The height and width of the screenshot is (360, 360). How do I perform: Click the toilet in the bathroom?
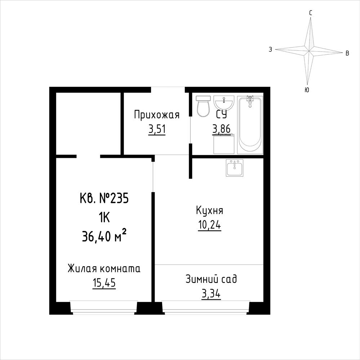click(203, 106)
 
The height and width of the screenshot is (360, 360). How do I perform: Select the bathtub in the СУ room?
click(250, 125)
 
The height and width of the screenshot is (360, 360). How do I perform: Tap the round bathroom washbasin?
click(224, 103)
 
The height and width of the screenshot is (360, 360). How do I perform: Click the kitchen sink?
click(234, 168)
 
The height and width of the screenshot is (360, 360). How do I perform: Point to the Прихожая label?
click(157, 115)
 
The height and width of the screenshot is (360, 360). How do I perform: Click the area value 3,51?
click(157, 129)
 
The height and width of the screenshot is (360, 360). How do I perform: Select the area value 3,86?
click(221, 129)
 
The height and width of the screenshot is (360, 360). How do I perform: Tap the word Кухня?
click(209, 210)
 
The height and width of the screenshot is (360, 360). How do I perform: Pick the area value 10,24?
click(209, 226)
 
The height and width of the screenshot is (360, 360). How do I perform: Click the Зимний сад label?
click(211, 279)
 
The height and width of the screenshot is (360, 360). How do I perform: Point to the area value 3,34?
click(211, 294)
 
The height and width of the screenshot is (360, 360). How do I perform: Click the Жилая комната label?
click(104, 268)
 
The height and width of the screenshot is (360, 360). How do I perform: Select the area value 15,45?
click(104, 283)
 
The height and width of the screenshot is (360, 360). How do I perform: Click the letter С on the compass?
click(311, 13)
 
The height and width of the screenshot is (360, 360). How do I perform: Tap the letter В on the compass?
click(347, 53)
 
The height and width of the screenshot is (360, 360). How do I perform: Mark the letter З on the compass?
click(271, 49)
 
